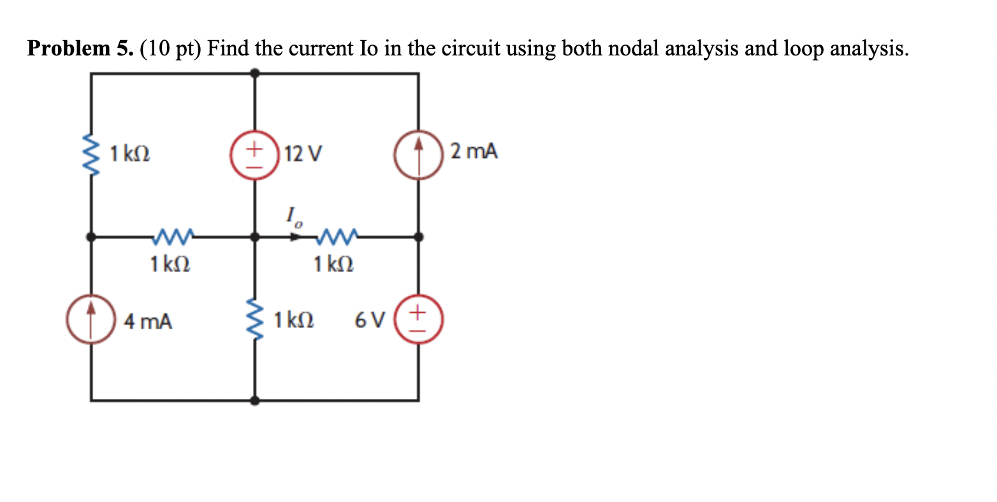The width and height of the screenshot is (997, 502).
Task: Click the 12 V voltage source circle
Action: click(x=254, y=154)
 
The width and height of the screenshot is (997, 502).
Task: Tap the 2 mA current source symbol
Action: click(x=418, y=154)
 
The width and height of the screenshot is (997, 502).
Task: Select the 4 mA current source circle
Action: click(x=91, y=320)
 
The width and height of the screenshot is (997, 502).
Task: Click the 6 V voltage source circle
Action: click(x=418, y=320)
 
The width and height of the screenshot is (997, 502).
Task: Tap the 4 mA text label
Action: click(x=148, y=322)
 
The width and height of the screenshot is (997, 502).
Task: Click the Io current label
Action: click(x=294, y=217)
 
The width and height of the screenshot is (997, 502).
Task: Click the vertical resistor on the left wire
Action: click(x=91, y=154)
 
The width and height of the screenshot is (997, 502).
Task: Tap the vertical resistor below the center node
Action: click(x=254, y=320)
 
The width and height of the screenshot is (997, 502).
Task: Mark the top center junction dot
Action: click(x=254, y=73)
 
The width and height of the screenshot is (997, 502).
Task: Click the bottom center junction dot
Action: click(x=254, y=401)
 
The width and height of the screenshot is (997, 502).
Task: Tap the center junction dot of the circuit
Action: click(x=254, y=237)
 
